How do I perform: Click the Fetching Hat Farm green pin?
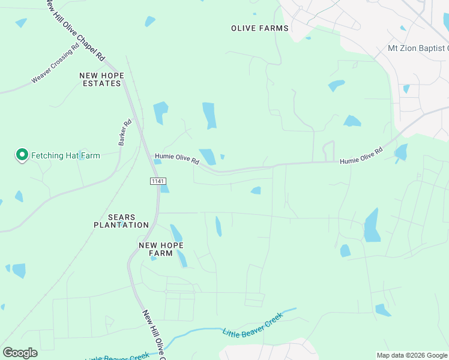(x=22, y=155)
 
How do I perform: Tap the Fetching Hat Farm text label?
(x=65, y=155)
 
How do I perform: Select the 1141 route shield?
(x=158, y=181)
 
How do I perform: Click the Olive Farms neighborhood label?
(x=260, y=28)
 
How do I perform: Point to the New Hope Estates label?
(x=101, y=79)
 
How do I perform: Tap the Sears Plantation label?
(x=121, y=221)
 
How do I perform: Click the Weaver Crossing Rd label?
(x=55, y=64)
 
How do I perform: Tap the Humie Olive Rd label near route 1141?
(x=176, y=158)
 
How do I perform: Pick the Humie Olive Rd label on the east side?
(x=361, y=157)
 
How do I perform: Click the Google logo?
(x=20, y=353)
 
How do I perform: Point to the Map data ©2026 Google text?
(x=411, y=355)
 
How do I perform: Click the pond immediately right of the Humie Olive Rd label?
(x=208, y=156)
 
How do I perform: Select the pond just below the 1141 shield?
(x=164, y=188)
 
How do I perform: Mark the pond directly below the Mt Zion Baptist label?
(x=406, y=88)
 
